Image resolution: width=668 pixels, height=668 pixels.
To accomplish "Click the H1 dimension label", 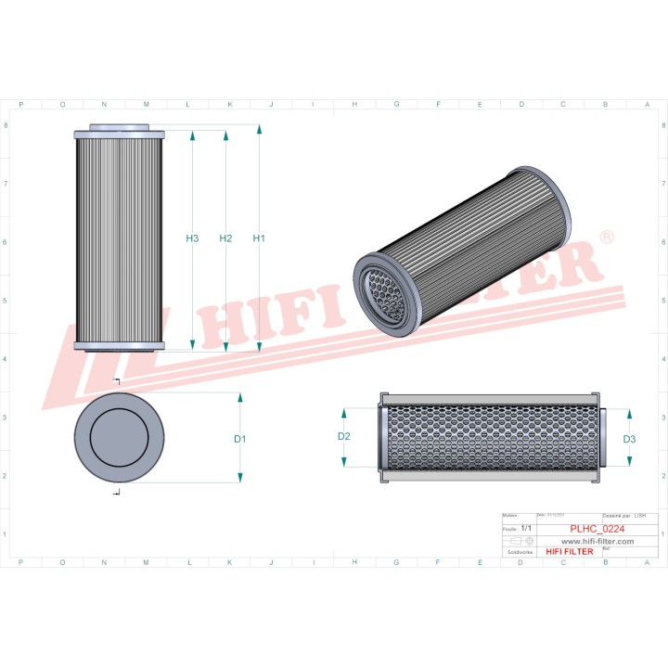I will pyautogui.click(x=260, y=238).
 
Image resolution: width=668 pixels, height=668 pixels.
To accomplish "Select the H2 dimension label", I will pyautogui.click(x=225, y=238).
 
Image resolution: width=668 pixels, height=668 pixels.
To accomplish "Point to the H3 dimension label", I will pyautogui.click(x=192, y=238).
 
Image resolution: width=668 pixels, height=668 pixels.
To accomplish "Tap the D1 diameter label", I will pyautogui.click(x=239, y=438).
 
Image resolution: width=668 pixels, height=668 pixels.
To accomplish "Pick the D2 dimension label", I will pyautogui.click(x=344, y=436).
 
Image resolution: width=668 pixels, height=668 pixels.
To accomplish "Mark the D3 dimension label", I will pyautogui.click(x=629, y=439).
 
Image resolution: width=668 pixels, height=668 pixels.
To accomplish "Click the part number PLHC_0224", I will pyautogui.click(x=597, y=529).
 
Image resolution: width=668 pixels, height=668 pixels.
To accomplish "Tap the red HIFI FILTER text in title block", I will pyautogui.click(x=569, y=551).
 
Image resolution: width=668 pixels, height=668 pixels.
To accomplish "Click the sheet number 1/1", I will pyautogui.click(x=527, y=526).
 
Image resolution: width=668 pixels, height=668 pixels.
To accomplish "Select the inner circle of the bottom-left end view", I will pyautogui.click(x=120, y=437).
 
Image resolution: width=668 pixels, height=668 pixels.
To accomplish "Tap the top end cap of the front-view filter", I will pyautogui.click(x=120, y=131).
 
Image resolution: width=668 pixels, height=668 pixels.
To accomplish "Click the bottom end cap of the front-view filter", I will pyautogui.click(x=120, y=346).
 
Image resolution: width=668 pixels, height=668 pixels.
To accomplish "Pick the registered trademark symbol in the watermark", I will pyautogui.click(x=606, y=238).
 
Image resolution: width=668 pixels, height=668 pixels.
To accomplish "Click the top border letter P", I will pyautogui.click(x=20, y=105).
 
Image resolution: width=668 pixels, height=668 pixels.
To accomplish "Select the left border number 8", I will pyautogui.click(x=8, y=124).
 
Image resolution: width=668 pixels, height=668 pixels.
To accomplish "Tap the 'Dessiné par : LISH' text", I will pyautogui.click(x=623, y=514).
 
